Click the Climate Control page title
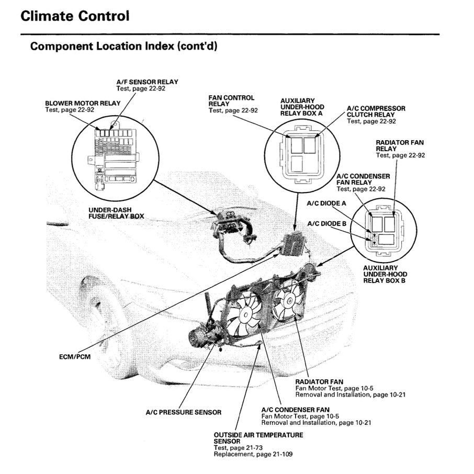click(x=74, y=16)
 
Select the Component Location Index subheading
click(x=123, y=46)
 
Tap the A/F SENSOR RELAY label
click(x=147, y=82)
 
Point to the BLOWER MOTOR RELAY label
click(x=76, y=104)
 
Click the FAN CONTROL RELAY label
click(x=231, y=101)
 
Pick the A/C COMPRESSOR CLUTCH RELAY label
click(x=376, y=111)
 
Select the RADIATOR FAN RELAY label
click(x=400, y=145)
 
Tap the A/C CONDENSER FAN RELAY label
click(x=363, y=179)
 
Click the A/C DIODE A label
click(x=326, y=203)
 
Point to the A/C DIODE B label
click(x=326, y=223)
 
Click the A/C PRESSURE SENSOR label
click(x=183, y=412)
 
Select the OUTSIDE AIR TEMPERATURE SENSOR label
click(x=258, y=438)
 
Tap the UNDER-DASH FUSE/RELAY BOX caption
click(x=116, y=213)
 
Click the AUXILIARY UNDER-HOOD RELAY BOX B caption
click(x=385, y=274)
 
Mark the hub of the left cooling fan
click(x=244, y=314)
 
